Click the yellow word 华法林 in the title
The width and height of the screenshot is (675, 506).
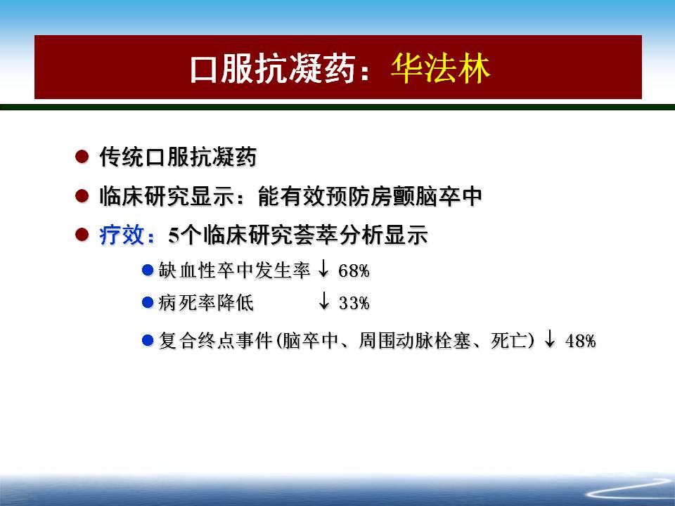tap(440, 68)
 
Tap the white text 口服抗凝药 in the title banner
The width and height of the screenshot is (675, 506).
tap(273, 68)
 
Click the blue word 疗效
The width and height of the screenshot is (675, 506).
tap(122, 235)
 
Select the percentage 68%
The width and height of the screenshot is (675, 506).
tap(354, 271)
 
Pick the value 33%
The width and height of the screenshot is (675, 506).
tap(354, 303)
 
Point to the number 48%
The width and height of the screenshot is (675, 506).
tap(580, 341)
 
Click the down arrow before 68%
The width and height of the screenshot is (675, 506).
tap(323, 269)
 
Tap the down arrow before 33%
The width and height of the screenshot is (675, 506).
tap(324, 301)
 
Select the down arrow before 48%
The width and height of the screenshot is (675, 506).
tap(550, 339)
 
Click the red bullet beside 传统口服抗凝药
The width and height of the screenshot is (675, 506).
tap(82, 156)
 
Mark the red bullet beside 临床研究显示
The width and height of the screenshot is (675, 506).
tap(82, 196)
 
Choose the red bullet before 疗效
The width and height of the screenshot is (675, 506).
tap(82, 235)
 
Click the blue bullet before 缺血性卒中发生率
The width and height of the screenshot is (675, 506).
tap(148, 270)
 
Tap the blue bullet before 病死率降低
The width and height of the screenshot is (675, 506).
tap(148, 302)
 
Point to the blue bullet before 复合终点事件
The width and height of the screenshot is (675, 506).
tap(148, 341)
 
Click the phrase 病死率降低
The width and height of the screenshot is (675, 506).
tap(206, 303)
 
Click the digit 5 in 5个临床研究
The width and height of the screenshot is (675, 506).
tap(174, 236)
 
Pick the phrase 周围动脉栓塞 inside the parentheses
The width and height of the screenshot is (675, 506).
tap(415, 341)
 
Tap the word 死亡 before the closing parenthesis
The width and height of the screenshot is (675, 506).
tap(509, 341)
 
